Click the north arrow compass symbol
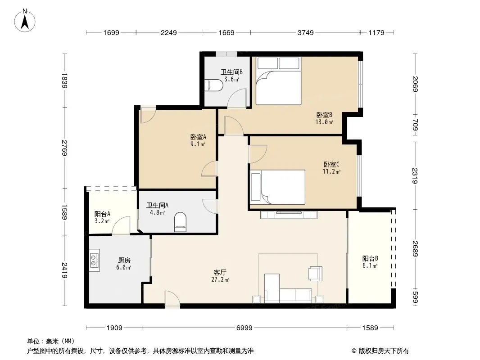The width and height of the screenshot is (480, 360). (25, 21)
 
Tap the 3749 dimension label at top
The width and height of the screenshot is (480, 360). (305, 32)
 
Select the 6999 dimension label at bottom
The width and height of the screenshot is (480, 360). (245, 328)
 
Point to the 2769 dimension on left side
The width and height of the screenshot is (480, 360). (64, 148)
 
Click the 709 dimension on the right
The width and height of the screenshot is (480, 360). (415, 125)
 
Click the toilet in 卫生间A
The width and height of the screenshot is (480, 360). (180, 222)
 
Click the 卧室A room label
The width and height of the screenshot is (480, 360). (198, 137)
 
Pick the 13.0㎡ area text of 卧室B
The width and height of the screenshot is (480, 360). (324, 122)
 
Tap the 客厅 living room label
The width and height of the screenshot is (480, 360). (220, 272)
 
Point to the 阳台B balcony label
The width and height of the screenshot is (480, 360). (370, 258)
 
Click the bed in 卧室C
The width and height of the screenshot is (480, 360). (277, 187)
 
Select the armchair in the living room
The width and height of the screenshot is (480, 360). (315, 274)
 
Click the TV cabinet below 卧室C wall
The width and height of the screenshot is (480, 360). (289, 215)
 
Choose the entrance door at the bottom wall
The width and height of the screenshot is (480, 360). (172, 299)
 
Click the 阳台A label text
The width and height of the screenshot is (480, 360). (102, 214)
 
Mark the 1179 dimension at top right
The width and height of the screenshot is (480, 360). (376, 32)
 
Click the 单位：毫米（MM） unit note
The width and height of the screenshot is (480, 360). (51, 341)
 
